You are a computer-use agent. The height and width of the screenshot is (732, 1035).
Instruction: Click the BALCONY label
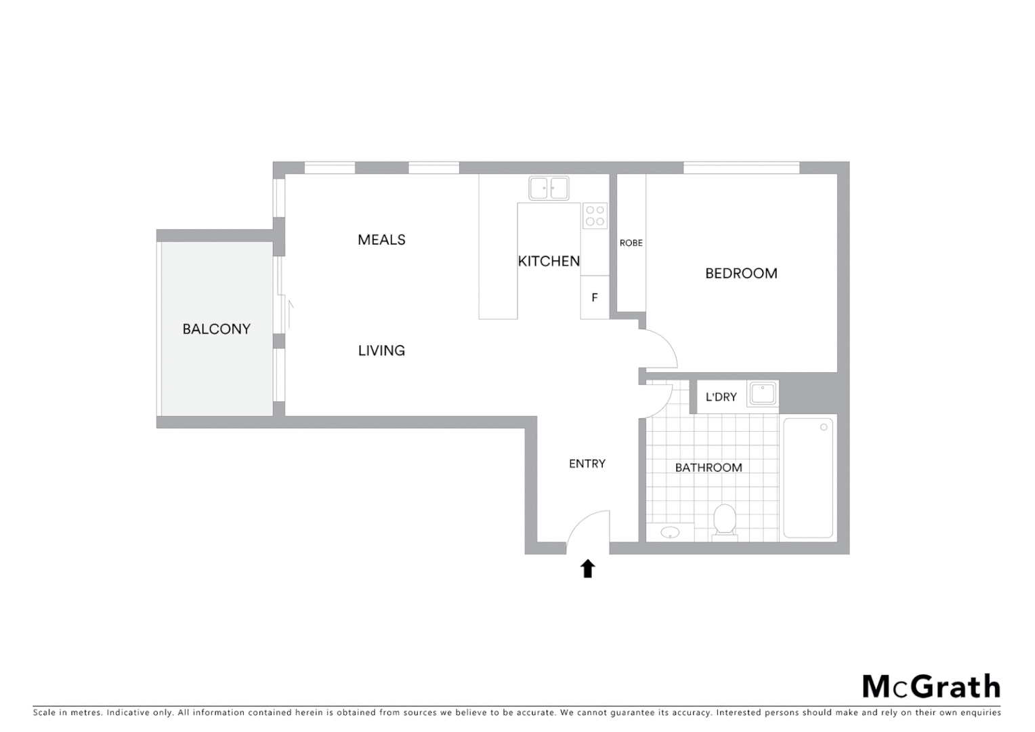coord(216,329)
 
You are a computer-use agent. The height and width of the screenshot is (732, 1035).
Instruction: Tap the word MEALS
coord(381,240)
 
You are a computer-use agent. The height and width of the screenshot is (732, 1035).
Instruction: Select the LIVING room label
coord(381,350)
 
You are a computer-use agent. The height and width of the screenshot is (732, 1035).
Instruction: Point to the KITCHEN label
coord(549,262)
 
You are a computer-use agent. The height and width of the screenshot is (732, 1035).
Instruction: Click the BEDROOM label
coord(741,274)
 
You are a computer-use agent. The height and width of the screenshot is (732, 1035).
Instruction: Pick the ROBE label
coord(631,243)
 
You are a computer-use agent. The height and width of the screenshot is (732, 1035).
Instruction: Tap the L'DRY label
coord(721,397)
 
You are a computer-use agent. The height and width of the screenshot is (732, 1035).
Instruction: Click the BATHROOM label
coord(709,468)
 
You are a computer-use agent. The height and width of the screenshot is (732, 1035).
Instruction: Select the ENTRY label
coord(587,464)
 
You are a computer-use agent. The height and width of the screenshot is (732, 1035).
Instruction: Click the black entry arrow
coord(587,569)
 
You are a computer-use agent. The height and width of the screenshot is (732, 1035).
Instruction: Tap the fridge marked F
coord(595,298)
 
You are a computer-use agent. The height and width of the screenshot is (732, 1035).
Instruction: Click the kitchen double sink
coord(549,188)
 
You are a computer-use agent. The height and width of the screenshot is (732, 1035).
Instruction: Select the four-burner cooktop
coord(595,216)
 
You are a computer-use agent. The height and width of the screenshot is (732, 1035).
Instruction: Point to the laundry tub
coord(763,394)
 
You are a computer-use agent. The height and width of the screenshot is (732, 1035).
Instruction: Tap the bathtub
coord(808,479)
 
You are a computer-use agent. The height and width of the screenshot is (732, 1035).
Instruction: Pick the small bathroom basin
coord(670,533)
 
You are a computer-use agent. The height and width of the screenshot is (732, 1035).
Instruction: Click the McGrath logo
coord(931,687)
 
